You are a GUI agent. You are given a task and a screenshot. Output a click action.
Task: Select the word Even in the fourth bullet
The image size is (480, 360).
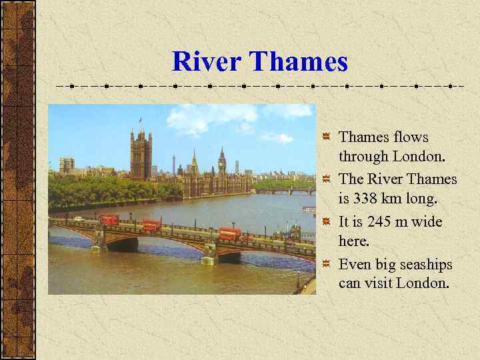[x=355, y=263]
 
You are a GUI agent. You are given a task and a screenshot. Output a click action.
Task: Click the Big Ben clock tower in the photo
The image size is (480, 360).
[x=221, y=163]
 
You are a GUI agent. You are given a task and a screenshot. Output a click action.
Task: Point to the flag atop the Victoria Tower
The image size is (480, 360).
[x=140, y=120]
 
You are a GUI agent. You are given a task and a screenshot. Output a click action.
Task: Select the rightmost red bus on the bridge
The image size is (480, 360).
[x=229, y=234]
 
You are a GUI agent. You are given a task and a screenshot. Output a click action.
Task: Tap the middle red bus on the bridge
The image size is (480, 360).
[x=151, y=225]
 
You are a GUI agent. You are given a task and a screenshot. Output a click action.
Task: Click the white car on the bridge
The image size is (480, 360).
[x=79, y=219]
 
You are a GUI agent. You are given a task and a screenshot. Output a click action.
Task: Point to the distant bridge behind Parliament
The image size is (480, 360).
[x=287, y=191]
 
